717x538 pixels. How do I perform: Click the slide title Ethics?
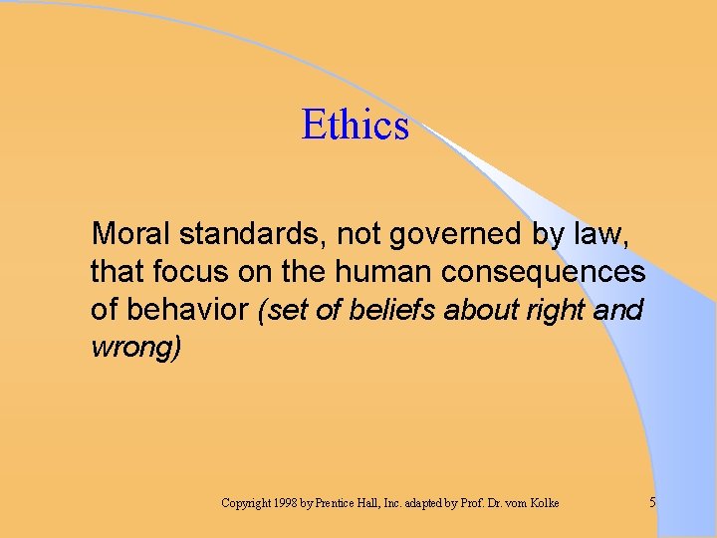pos(355,126)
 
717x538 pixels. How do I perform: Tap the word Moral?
pos(130,234)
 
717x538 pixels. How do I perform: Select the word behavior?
pos(190,310)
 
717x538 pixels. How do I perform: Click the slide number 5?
pos(652,503)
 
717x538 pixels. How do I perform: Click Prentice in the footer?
pos(342,503)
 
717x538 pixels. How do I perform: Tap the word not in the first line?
pos(355,234)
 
